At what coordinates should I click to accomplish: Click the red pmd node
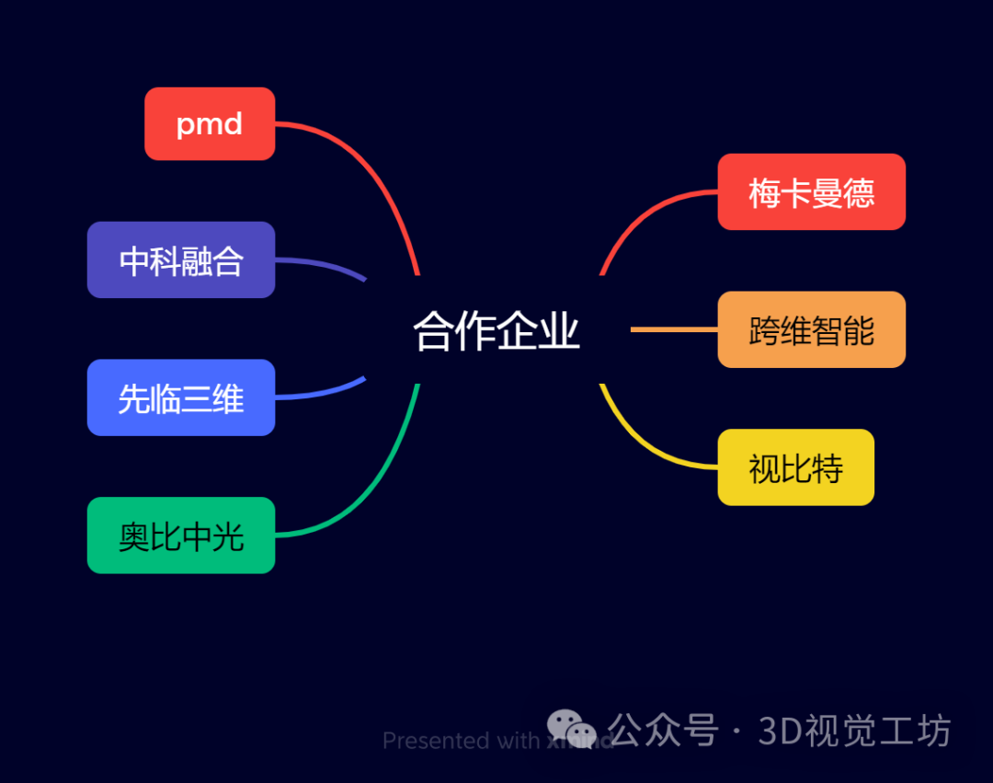[x=210, y=124]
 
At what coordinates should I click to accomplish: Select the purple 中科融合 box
[x=181, y=260]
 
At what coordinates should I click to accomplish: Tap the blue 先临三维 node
[x=181, y=397]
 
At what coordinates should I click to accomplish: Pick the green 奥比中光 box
[x=181, y=535]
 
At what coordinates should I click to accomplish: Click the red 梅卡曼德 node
[x=811, y=192]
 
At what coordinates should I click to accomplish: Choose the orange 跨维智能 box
[x=811, y=329]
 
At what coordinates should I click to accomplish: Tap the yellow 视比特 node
[x=795, y=467]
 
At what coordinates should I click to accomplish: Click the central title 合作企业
[x=496, y=331]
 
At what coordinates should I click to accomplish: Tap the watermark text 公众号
[x=662, y=731]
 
